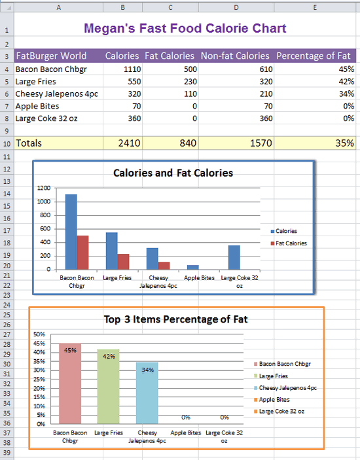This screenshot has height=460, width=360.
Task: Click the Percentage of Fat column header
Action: [x=314, y=56]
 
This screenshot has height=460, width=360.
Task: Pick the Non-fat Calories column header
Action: [x=235, y=56]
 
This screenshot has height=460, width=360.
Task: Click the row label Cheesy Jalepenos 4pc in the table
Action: [x=57, y=94]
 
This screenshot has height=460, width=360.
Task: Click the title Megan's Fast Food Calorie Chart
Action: [x=185, y=28]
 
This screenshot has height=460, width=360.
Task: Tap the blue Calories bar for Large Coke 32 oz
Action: [x=234, y=257]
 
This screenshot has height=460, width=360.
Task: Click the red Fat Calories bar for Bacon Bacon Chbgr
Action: [x=82, y=253]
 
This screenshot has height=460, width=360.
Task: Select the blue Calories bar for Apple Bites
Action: [x=192, y=267]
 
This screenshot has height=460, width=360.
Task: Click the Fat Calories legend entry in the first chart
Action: [x=289, y=243]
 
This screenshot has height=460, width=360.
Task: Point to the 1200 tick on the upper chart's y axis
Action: [x=44, y=188]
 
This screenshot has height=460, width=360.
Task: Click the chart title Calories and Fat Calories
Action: [x=173, y=173]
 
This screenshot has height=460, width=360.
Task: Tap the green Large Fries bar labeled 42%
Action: [x=108, y=386]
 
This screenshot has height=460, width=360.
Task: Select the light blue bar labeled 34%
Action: [x=147, y=393]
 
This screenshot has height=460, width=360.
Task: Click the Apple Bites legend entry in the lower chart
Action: [x=272, y=400]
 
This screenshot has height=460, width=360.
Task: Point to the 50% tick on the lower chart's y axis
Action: [x=39, y=334]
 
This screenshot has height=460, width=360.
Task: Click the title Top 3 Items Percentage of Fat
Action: [x=176, y=319]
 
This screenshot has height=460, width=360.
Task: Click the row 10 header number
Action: [x=7, y=144]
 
